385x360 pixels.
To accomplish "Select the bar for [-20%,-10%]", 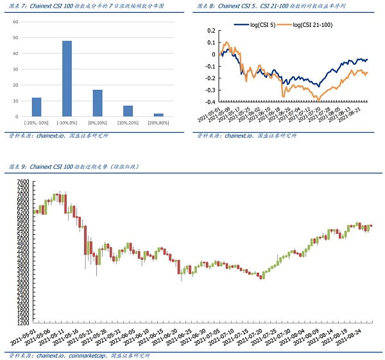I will [37, 107].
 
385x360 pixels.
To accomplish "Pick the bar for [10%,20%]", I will [128, 111].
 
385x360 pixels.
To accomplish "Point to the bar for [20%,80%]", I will [158, 115].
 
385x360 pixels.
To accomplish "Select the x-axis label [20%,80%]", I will [158, 123].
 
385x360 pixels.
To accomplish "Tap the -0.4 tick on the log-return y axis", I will [209, 101].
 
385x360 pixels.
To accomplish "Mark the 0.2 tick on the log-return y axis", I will [210, 30].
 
